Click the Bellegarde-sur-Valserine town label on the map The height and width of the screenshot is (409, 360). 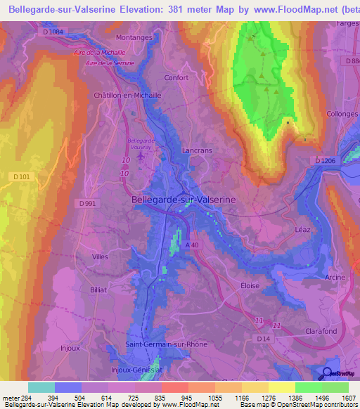[184, 200]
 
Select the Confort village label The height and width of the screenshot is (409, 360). [176, 78]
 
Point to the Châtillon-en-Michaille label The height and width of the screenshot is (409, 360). [127, 95]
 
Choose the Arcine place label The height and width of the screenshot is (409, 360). [336, 278]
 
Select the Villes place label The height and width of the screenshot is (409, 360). [100, 257]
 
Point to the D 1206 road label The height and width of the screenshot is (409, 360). [325, 161]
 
